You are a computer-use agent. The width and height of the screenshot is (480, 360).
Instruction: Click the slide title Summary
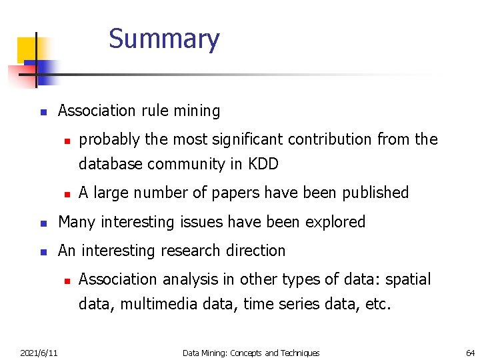[164, 39]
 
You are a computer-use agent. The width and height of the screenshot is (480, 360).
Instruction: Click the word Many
[75, 222]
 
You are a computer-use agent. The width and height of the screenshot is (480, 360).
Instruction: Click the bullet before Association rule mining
[42, 112]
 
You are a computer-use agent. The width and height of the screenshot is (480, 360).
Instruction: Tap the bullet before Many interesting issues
[42, 223]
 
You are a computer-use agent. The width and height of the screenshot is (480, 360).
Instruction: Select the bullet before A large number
[67, 194]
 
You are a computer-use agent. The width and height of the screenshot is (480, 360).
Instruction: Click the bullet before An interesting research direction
[42, 252]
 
